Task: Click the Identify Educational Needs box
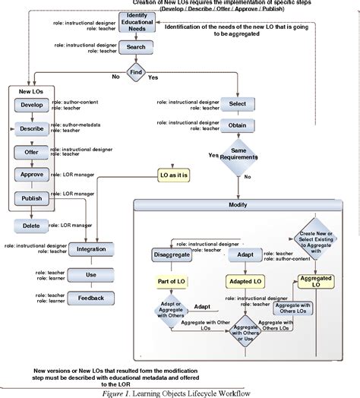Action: pyautogui.click(x=136, y=23)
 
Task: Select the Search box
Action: pyautogui.click(x=136, y=47)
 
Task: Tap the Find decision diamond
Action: pyautogui.click(x=136, y=74)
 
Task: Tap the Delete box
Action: pyautogui.click(x=30, y=225)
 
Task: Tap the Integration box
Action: pyautogui.click(x=91, y=248)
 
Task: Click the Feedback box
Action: pyautogui.click(x=91, y=298)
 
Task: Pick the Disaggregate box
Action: pyautogui.click(x=171, y=254)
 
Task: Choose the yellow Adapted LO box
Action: pyautogui.click(x=248, y=281)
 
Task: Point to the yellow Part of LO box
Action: pyautogui.click(x=171, y=281)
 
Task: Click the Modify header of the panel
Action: pyautogui.click(x=238, y=206)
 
